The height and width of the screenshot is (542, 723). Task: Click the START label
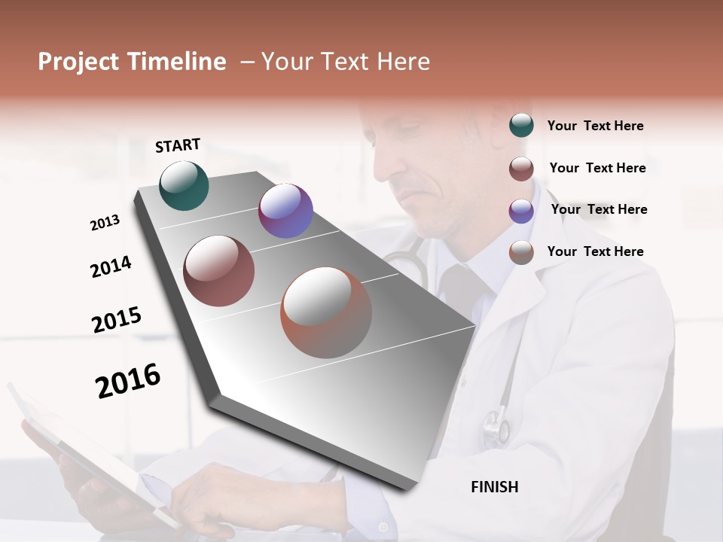(x=178, y=145)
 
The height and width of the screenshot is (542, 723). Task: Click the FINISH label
(x=495, y=487)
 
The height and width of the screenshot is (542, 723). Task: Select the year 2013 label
(x=105, y=223)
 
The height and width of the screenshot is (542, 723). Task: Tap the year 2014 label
(x=111, y=266)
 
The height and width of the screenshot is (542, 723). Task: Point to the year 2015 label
(x=117, y=319)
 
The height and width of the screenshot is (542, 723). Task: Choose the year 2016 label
(x=128, y=380)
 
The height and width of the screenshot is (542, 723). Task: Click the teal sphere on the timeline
(x=184, y=185)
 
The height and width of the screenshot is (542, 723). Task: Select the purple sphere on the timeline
(x=285, y=211)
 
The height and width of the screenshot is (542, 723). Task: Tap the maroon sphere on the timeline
(x=219, y=271)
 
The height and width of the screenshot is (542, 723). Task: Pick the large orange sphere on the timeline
(x=326, y=312)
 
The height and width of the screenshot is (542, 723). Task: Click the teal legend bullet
(x=521, y=126)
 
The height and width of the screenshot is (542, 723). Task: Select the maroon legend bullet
(x=521, y=169)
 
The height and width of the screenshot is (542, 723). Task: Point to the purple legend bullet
(x=521, y=211)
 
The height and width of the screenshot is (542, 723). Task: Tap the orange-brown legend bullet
(x=521, y=252)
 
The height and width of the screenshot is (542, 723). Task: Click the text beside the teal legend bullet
(x=595, y=126)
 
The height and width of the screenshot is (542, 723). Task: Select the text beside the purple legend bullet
(x=599, y=209)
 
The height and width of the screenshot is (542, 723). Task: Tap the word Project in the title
(x=78, y=62)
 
